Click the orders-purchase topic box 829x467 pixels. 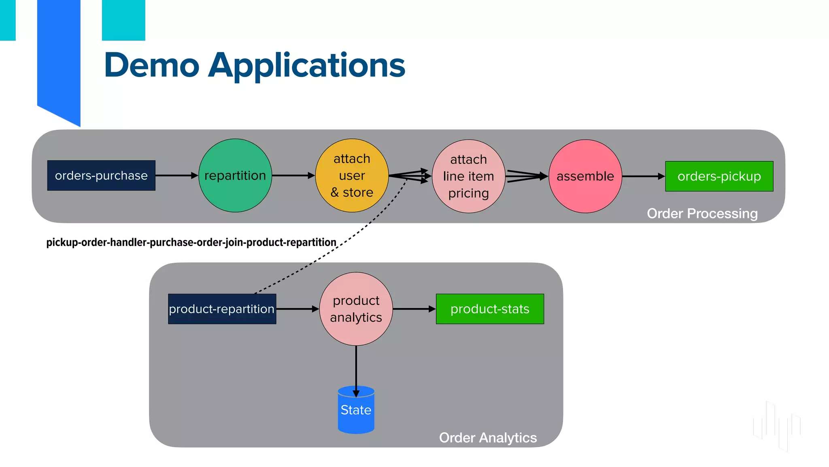tap(101, 176)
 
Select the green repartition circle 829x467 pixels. tap(235, 176)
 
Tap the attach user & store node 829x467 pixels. tap(352, 176)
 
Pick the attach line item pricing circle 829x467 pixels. tap(468, 176)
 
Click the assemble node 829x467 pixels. tap(585, 176)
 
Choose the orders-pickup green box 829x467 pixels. tap(719, 176)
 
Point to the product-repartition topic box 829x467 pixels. tap(222, 309)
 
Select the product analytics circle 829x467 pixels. tap(356, 309)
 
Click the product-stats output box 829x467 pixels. tap(490, 309)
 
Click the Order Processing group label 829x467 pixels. tap(702, 213)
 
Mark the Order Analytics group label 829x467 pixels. tap(488, 438)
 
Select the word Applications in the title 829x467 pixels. tap(306, 66)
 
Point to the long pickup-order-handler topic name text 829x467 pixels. tap(191, 242)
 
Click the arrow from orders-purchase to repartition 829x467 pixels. tap(176, 176)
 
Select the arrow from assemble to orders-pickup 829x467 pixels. tap(643, 176)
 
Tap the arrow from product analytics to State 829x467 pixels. tap(356, 369)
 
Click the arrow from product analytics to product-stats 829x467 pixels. tap(414, 309)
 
